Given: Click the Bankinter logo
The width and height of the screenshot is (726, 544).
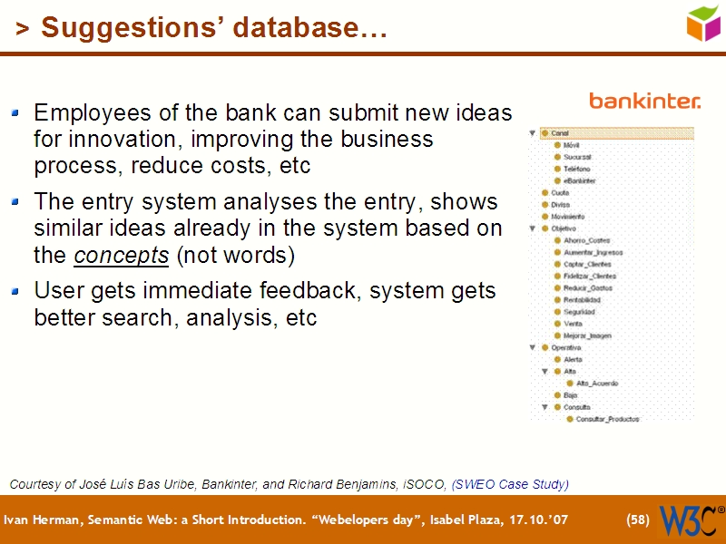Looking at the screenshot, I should [644, 100].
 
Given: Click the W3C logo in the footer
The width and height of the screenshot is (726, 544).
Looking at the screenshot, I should [691, 520].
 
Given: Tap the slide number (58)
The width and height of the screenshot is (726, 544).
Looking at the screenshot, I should [638, 520].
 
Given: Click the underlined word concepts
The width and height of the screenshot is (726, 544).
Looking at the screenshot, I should [121, 256].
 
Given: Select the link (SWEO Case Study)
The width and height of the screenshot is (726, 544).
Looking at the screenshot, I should [510, 484].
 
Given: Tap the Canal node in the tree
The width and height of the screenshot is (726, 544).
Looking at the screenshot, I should [560, 133].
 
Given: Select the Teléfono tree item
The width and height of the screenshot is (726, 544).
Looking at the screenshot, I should [576, 170].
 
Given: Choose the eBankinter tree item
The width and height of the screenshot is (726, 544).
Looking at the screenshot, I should [579, 181].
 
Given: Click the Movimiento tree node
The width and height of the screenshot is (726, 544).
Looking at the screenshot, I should [567, 217].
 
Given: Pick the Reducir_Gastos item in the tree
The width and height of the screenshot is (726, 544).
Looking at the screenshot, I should [587, 288].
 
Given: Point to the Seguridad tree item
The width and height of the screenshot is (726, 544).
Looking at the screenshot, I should [579, 312].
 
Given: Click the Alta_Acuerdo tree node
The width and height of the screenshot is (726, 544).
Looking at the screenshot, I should [597, 384].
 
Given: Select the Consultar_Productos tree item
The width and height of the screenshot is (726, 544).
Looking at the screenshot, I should [607, 419].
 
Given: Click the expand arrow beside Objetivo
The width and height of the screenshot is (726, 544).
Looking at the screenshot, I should [534, 229].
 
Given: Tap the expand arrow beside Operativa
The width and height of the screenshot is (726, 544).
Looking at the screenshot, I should [534, 347].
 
